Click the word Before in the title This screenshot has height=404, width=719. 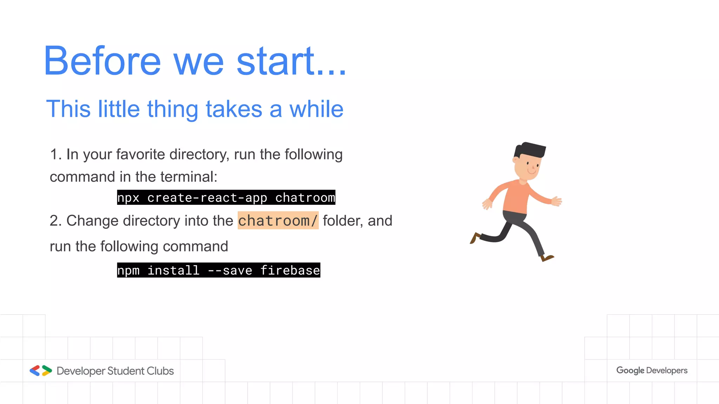coord(102,61)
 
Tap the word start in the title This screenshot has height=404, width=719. coord(276,61)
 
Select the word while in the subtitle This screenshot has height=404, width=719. coord(316,109)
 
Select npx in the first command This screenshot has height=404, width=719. coord(128,198)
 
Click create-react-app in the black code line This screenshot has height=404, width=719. coord(207,198)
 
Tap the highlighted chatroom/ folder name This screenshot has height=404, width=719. coord(278,221)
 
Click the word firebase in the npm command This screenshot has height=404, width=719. coord(290,270)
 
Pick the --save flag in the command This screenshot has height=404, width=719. coord(230,270)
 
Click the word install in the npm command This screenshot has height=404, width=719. coord(173,270)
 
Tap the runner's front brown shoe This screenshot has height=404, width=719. coord(547,258)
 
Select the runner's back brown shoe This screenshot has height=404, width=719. coord(475,238)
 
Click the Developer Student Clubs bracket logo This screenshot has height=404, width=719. coord(41,371)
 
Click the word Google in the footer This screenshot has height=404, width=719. coord(630,370)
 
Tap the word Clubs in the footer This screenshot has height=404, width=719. coord(160,371)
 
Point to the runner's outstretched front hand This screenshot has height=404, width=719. coord(557,201)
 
